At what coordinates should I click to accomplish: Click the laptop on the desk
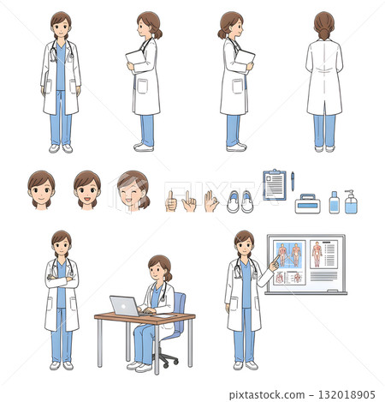pyautogui.click(x=124, y=305)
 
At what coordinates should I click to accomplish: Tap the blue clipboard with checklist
pyautogui.click(x=275, y=184)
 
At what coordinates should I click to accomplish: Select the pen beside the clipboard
pyautogui.click(x=293, y=181)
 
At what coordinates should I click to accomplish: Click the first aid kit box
pyautogui.click(x=307, y=204)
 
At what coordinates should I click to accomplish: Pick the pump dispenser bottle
pyautogui.click(x=350, y=202)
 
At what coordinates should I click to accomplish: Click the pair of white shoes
pyautogui.click(x=240, y=201)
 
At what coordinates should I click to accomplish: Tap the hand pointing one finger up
pyautogui.click(x=171, y=201)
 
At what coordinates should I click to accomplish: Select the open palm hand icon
pyautogui.click(x=210, y=201)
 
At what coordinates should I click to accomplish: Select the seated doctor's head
pyautogui.click(x=159, y=267)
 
